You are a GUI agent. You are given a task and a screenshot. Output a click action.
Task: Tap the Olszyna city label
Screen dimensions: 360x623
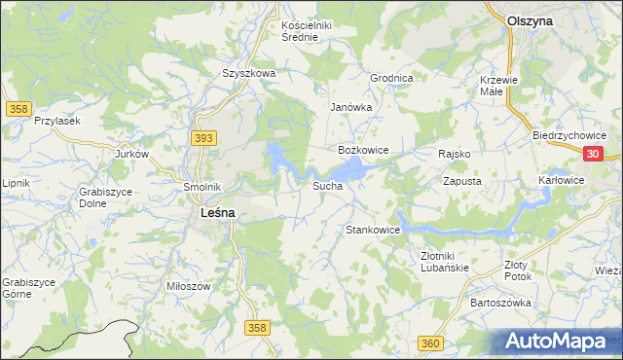click(531, 19)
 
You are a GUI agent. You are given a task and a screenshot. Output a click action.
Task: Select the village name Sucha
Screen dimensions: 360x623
click(327, 185)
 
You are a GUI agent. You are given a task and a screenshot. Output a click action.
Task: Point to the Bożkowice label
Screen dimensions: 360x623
click(363, 151)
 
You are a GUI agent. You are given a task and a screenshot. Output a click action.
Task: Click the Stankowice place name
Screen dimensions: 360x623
click(374, 231)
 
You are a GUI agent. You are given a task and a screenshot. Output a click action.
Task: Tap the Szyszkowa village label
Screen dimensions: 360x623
click(249, 73)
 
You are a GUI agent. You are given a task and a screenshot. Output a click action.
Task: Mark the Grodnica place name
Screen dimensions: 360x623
click(392, 78)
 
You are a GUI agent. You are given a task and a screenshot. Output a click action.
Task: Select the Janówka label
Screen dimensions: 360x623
click(351, 107)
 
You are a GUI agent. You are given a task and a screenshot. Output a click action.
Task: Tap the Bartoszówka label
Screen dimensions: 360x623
click(500, 303)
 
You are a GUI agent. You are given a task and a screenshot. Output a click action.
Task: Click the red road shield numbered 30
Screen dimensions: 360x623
click(596, 154)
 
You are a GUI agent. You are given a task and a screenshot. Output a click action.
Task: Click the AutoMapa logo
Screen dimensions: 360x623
click(558, 341)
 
